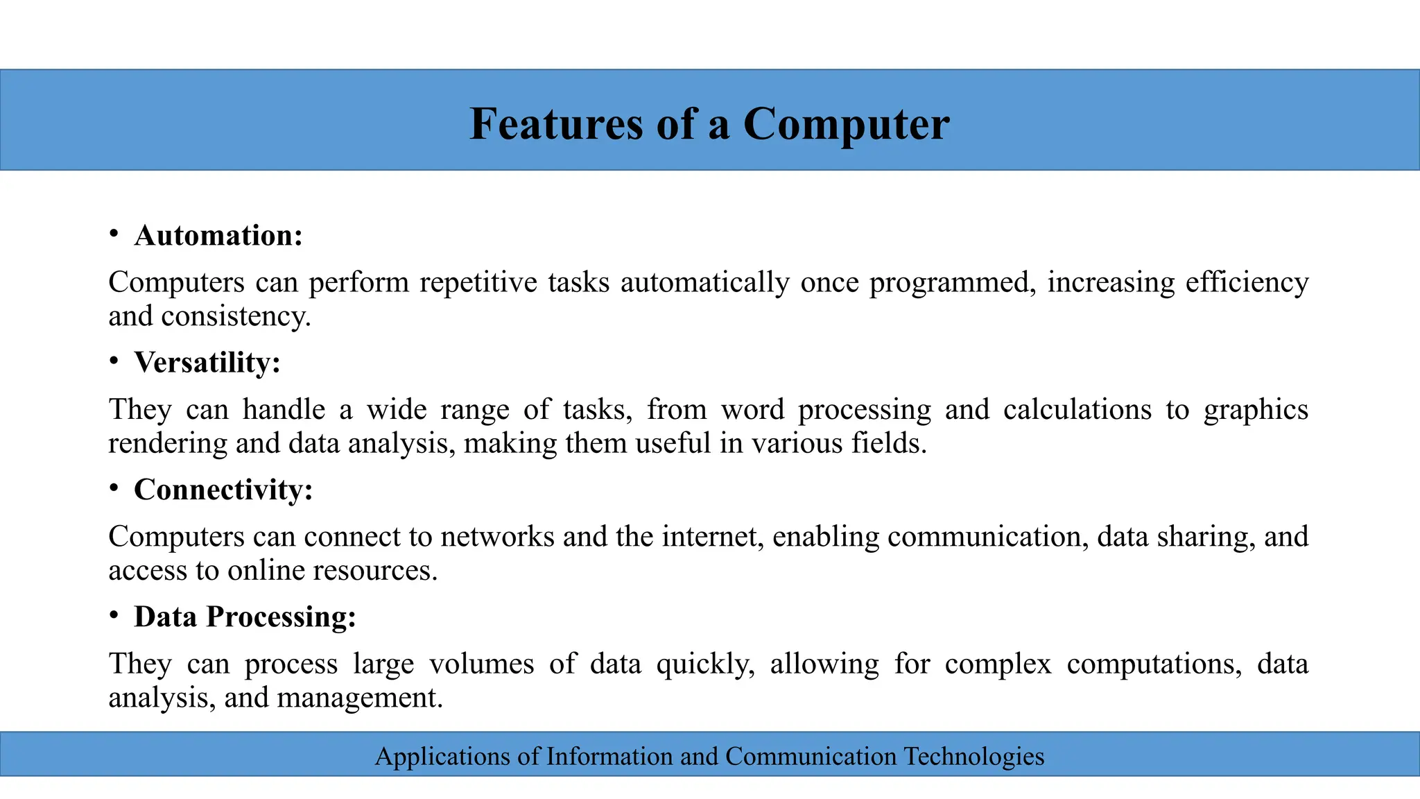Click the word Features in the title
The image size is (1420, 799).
tap(557, 124)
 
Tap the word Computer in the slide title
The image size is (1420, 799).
tap(846, 124)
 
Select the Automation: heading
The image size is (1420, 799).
tap(218, 236)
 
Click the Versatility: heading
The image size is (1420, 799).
tap(207, 363)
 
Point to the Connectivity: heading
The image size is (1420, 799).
tap(223, 490)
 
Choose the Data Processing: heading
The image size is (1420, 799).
tap(245, 617)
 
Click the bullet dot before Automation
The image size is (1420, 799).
tap(114, 234)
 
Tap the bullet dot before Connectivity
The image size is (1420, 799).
tap(114, 488)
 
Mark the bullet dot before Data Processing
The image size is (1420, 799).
tap(114, 615)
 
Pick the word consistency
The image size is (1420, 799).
tap(236, 317)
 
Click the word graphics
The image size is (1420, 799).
tap(1256, 411)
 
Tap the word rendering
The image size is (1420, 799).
tap(168, 444)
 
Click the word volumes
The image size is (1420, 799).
tap(481, 664)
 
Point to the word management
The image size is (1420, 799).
tap(360, 698)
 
